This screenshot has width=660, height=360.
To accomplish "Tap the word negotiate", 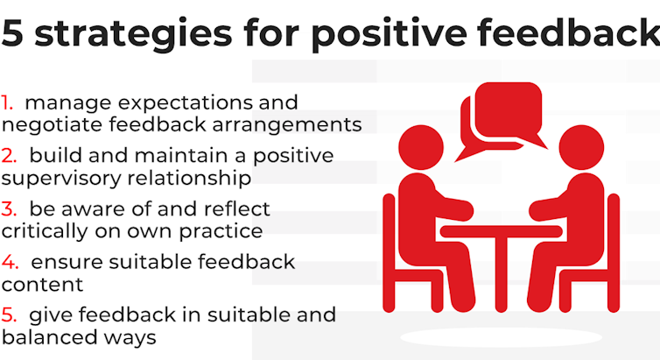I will point(47,124).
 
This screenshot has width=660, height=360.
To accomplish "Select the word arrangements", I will point(288,124).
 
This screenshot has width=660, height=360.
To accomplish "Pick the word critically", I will point(44,231).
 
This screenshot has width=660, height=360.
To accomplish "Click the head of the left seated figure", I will point(420,145).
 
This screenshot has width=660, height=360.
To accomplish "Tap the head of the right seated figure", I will point(581,145).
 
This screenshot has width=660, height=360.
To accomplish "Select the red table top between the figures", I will point(501,231).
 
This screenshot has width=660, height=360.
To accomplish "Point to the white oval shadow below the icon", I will point(500,338).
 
